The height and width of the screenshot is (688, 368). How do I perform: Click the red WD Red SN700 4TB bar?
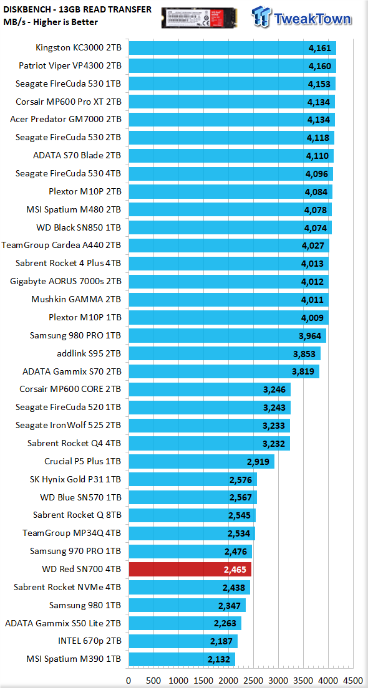click(190, 569)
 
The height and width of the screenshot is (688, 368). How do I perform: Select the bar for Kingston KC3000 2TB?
click(232, 48)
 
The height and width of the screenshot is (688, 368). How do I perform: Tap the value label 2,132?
click(221, 659)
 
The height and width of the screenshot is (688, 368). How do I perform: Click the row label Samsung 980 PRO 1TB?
click(75, 335)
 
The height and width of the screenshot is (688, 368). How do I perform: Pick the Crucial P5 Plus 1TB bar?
click(201, 461)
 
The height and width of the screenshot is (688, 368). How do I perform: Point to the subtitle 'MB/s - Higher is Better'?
click(51, 21)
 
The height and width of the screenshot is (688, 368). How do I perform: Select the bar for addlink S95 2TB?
click(225, 353)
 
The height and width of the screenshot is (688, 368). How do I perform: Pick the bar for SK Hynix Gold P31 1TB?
click(192, 479)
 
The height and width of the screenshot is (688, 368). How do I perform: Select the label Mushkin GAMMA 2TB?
click(77, 299)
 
